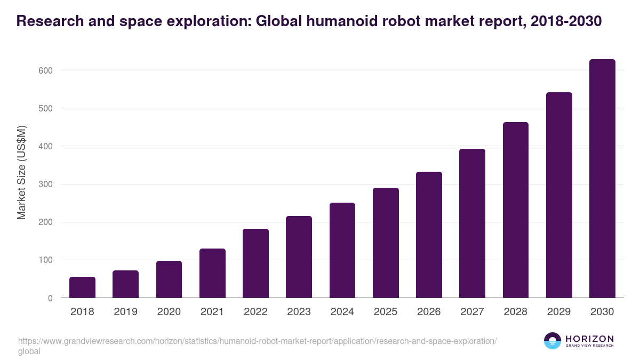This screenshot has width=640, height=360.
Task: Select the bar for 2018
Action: coord(82,287)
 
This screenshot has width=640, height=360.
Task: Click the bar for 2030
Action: coord(602,179)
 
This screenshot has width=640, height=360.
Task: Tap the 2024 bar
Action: coord(342,250)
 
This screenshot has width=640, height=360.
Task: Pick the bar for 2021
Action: coord(212,273)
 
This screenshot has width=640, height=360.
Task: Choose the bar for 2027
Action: coord(472,223)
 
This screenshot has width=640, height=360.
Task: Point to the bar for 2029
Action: coord(559,195)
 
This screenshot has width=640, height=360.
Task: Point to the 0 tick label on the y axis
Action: coord(50,298)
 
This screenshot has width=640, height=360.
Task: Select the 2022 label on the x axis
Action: coord(255,312)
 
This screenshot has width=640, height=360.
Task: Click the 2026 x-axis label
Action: coord(429,312)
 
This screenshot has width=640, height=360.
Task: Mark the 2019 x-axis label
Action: coord(125,312)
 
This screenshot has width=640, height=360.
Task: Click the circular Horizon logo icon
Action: coord(553,341)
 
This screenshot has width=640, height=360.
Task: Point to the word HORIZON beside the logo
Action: coord(589,339)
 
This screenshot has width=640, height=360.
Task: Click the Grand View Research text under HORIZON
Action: coord(589,346)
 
